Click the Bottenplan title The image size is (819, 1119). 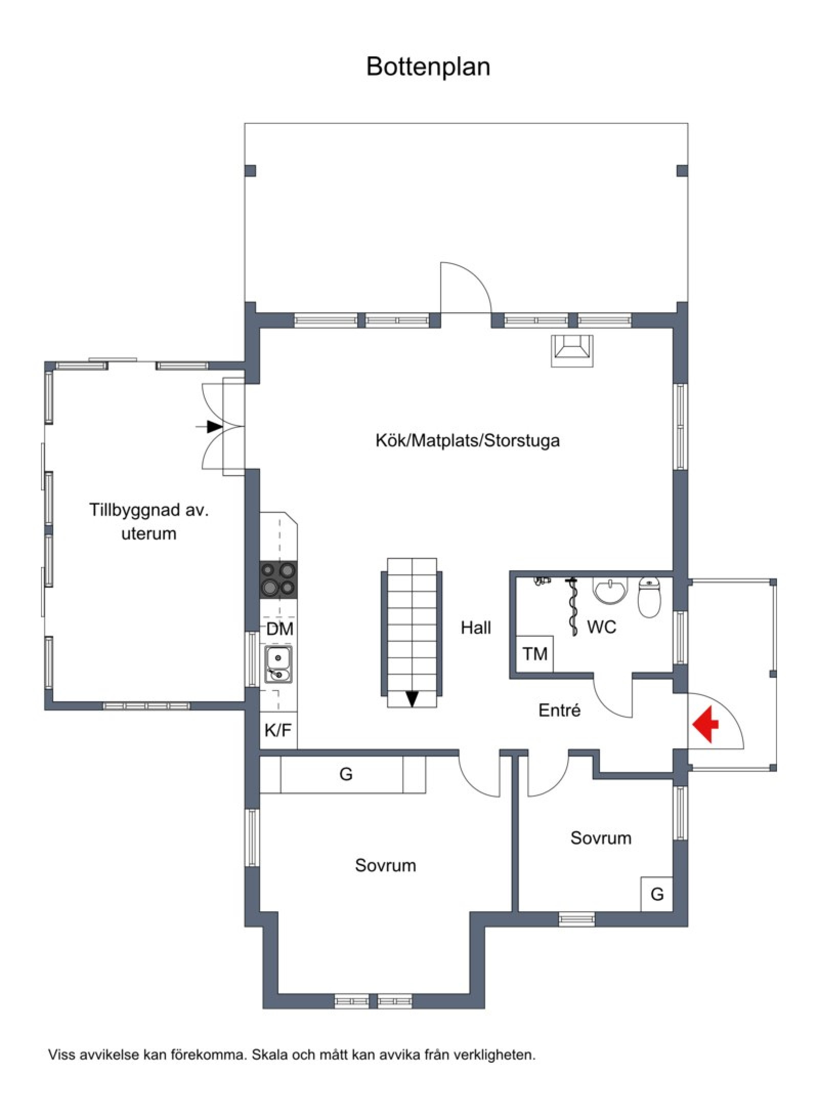428,67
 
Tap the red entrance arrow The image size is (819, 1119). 705,724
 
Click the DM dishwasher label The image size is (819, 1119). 279,629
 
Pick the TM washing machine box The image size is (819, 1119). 535,654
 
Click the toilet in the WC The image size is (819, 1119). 650,597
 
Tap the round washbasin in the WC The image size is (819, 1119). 610,591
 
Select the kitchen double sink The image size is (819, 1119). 278,664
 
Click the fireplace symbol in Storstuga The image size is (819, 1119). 572,351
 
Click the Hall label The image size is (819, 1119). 476,628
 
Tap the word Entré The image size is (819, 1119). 559,711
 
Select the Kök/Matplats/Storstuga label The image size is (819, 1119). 467,441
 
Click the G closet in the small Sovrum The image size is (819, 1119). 657,894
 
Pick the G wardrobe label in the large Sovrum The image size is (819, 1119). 346,774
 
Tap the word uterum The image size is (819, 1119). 149,534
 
